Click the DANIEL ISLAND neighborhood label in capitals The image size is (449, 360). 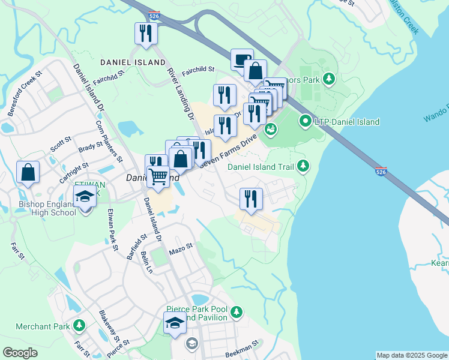pos(133,62)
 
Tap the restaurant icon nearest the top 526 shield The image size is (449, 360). pos(146,34)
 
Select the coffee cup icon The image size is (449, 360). pos(242,60)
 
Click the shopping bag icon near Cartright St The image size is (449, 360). pos(28,172)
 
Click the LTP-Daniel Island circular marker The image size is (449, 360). pos(305,122)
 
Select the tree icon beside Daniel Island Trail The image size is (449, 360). pos(304,165)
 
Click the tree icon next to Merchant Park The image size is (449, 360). pos(79,326)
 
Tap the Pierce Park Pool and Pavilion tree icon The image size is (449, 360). pos(237,311)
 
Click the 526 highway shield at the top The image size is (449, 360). pos(154,17)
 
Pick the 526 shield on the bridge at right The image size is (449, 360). pos(381,172)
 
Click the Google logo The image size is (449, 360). pos(20,353)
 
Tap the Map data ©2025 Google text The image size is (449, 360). pos(412,355)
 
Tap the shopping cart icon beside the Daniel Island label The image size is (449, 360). pos(158,178)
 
